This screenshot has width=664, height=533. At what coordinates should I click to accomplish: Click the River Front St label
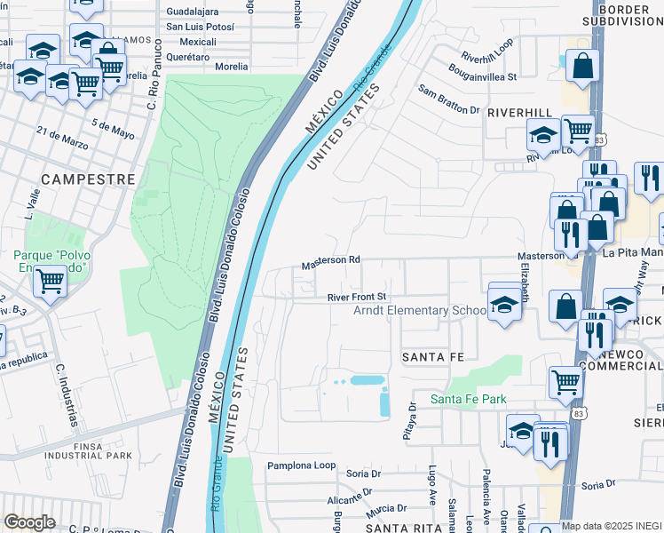pos(357,297)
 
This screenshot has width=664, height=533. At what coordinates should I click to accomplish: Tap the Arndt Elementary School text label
pos(420,311)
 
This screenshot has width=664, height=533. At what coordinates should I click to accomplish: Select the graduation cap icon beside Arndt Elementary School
pos(504,304)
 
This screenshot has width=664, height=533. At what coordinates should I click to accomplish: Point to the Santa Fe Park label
pos(468,399)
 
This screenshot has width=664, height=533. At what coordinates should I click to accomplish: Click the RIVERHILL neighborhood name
pos(520,114)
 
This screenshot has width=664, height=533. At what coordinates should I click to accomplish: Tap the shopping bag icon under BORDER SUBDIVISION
pos(581,67)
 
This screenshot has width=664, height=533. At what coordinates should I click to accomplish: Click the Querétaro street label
pos(186,56)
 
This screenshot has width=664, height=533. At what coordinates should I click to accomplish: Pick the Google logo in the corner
pos(29,521)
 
